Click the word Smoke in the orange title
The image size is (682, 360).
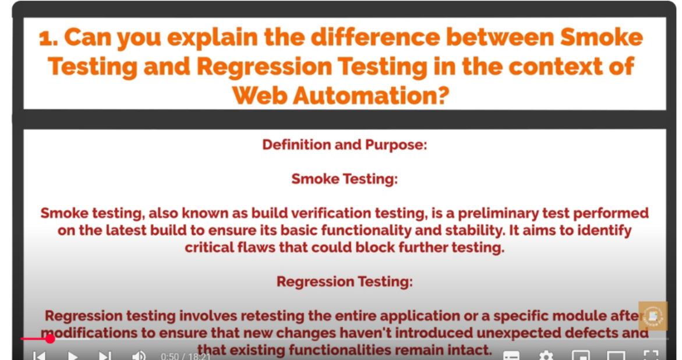(x=601, y=37)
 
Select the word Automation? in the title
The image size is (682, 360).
(x=370, y=95)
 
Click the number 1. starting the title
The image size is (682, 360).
(x=48, y=38)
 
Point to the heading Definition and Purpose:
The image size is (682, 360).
(x=344, y=145)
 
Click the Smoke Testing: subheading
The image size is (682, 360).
(x=344, y=179)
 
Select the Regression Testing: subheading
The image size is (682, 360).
(x=344, y=282)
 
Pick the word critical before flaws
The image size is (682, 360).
(x=209, y=248)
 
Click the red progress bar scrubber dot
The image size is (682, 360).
(x=50, y=338)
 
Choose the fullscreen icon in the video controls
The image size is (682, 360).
(x=651, y=355)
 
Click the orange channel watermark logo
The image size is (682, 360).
(x=653, y=316)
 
